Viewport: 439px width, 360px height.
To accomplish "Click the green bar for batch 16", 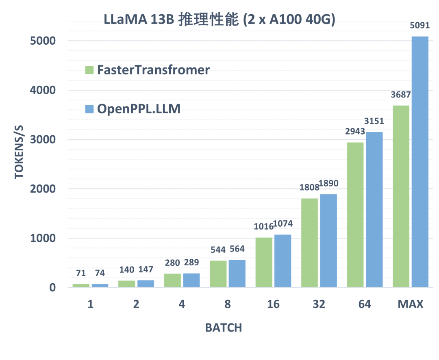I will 264,262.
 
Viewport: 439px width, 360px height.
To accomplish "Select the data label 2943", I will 354,132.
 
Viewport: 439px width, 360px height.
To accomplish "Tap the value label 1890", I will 328,184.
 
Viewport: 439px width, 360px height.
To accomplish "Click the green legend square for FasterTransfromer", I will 89,70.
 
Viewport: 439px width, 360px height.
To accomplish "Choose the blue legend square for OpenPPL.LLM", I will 89,109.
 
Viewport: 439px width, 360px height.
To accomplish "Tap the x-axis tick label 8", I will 228,304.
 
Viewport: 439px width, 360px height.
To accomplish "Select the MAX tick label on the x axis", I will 411,304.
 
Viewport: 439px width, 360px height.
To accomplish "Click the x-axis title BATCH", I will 223,328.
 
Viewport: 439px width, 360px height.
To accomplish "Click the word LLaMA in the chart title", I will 124,20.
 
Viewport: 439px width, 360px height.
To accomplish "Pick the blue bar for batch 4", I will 191,280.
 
